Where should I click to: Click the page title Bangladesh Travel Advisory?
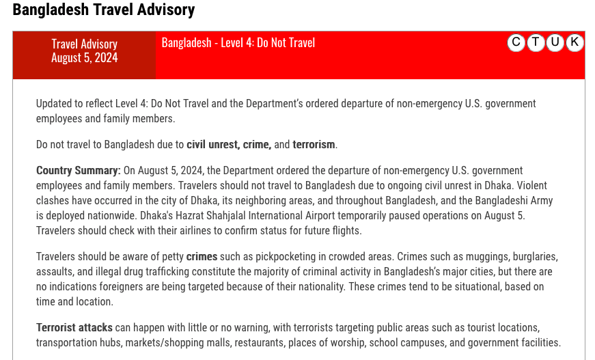[x=103, y=10]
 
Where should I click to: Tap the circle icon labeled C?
[x=516, y=42]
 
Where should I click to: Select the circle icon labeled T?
[x=536, y=42]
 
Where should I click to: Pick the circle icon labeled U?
[x=555, y=42]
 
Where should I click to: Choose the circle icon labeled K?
[x=575, y=42]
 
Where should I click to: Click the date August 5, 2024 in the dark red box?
[x=84, y=58]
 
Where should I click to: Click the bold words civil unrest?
[x=212, y=145]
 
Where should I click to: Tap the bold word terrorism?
[x=314, y=145]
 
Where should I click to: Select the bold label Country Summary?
[x=79, y=170]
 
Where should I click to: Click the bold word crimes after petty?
[x=202, y=257]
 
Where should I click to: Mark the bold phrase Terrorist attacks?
[x=75, y=327]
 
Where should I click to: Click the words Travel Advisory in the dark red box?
[x=84, y=44]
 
